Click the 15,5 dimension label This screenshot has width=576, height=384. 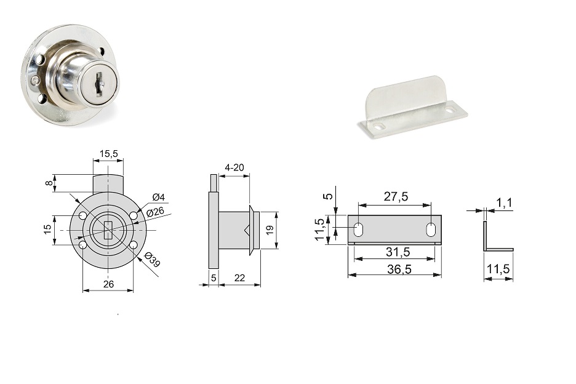[109, 154]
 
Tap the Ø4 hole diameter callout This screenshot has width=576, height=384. [158, 198]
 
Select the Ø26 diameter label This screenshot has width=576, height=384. [154, 212]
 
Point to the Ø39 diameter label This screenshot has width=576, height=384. [152, 260]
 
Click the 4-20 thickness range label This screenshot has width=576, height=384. [234, 167]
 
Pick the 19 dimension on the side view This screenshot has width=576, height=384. [270, 230]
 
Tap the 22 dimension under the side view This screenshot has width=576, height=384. [239, 278]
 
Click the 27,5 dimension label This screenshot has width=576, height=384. [396, 196]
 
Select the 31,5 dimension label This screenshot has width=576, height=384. [398, 252]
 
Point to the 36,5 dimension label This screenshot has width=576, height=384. [399, 270]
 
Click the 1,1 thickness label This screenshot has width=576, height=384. [505, 202]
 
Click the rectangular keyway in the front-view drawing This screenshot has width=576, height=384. [108, 230]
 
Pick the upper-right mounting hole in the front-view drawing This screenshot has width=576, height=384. [134, 215]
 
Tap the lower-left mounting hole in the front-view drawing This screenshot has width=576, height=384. [83, 245]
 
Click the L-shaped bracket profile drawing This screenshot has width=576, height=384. [498, 236]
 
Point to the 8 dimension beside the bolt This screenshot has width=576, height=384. [49, 183]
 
